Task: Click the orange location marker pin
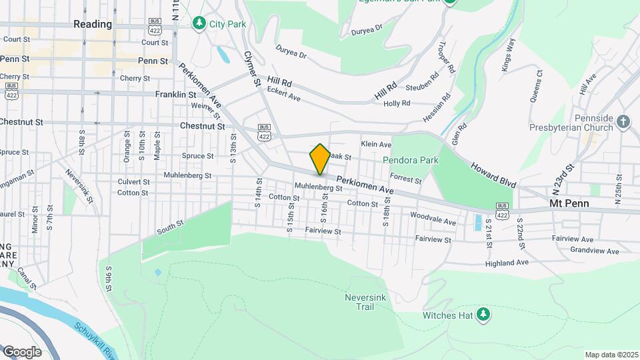coord(320,159)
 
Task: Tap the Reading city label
coord(93,24)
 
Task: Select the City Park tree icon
coord(199,24)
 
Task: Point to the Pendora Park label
coord(410,160)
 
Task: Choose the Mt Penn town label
coord(566,202)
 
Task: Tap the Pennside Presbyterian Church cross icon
coord(623,121)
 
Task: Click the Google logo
coord(22,351)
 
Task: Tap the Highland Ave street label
coord(507,263)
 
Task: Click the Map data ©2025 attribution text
coord(611,355)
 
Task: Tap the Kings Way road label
coord(507,55)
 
